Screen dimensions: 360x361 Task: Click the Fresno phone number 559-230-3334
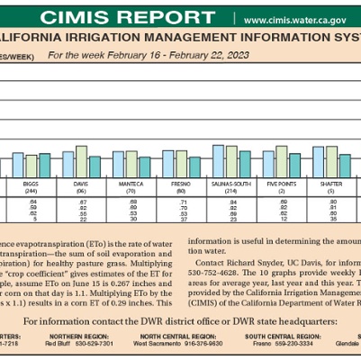(275, 343)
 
